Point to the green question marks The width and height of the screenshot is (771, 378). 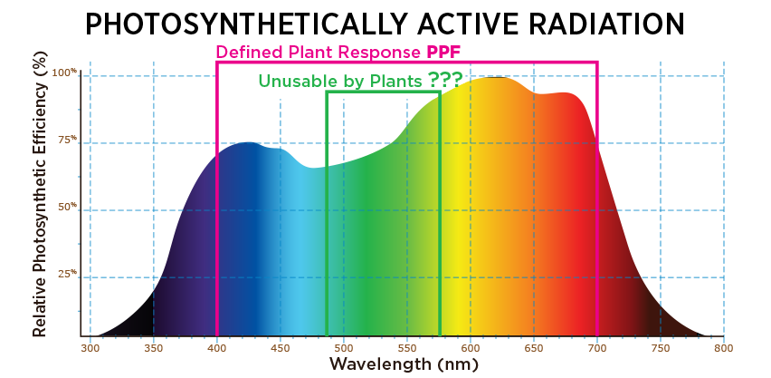(445, 80)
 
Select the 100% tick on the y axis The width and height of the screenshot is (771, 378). (64, 73)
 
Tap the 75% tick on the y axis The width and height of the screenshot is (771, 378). (66, 140)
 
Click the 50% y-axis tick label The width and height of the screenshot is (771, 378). (66, 208)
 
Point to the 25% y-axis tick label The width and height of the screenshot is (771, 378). (66, 275)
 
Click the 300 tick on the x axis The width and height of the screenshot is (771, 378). (90, 347)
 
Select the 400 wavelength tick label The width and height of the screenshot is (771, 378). (217, 347)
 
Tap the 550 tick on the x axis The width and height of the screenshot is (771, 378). (407, 347)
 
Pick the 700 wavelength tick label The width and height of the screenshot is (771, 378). (597, 347)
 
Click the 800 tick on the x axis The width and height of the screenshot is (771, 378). (723, 347)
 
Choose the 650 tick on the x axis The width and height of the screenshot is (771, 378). (534, 347)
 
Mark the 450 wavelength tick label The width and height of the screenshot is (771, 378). (281, 347)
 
